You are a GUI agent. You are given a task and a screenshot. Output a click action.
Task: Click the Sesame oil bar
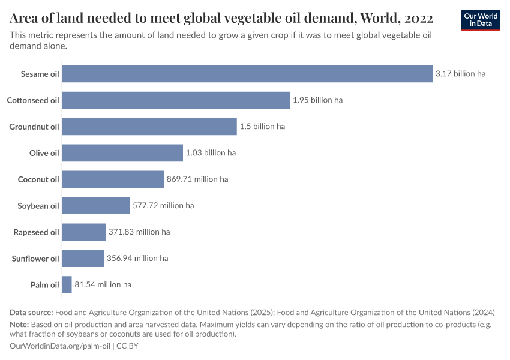click(247, 74)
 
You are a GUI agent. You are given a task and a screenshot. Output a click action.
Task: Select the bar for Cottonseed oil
click(176, 100)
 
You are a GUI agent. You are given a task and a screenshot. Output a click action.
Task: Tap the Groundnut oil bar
click(149, 127)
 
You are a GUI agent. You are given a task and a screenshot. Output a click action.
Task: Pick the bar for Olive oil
click(122, 153)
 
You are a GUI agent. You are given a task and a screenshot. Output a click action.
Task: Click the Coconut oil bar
click(113, 179)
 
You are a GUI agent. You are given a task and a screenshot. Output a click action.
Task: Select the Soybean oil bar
click(96, 206)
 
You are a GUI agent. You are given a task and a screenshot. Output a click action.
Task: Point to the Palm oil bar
click(67, 284)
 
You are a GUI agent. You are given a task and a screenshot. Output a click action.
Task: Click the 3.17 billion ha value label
click(460, 74)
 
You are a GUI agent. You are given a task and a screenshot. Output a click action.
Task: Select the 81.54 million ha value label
click(103, 284)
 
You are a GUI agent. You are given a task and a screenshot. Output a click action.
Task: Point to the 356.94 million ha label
click(137, 259)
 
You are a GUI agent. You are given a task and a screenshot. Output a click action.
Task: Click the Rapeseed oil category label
click(37, 232)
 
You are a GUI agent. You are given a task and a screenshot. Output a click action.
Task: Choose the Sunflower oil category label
click(35, 259)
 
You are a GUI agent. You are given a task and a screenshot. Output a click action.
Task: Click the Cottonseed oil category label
click(33, 100)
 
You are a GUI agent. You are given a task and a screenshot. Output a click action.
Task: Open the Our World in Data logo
click(481, 20)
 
